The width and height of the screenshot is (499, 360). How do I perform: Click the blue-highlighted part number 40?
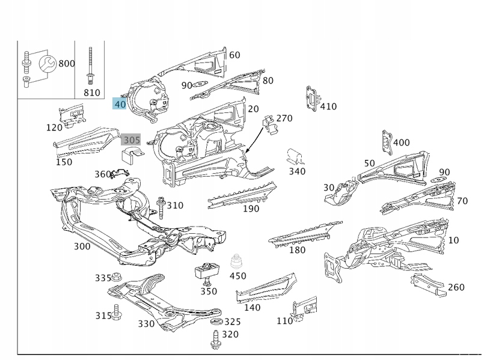[120, 104]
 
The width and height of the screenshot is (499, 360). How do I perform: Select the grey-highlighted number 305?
[131, 141]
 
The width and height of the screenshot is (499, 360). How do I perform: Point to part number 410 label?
[328, 106]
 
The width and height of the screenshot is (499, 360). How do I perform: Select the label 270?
[284, 118]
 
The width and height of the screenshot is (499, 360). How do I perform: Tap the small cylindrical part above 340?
[295, 156]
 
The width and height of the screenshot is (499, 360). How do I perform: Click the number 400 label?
[401, 142]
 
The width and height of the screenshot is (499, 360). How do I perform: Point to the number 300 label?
[82, 246]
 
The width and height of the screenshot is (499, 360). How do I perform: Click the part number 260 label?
[456, 287]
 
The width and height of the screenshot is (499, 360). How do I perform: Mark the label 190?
[251, 209]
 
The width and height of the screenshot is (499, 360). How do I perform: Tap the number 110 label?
[284, 321]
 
